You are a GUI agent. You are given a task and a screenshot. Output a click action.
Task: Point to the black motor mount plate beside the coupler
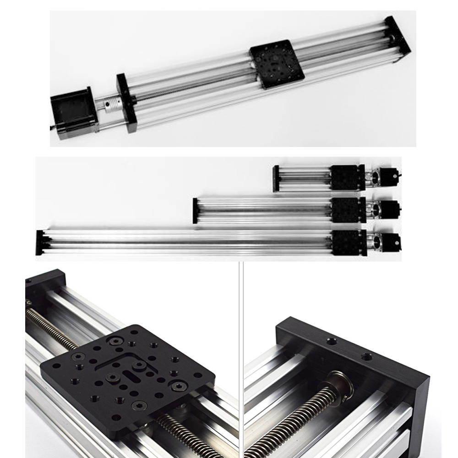point(127,103)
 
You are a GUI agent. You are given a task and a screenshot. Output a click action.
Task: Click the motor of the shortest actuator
point(389,177)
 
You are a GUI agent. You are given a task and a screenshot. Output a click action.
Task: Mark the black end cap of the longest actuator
point(39,243)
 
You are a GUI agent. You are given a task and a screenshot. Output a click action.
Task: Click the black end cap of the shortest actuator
point(276,179)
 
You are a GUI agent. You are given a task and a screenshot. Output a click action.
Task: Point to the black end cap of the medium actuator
point(195,211)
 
